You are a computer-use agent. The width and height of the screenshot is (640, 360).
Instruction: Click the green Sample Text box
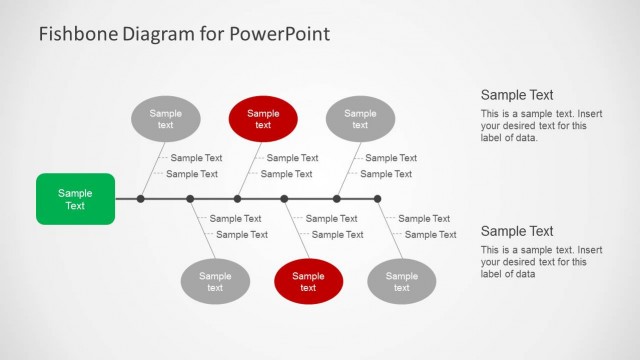75,199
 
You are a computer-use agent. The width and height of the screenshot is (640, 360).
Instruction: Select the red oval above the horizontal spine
263,120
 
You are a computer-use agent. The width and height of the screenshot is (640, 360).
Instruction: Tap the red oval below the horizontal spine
308,282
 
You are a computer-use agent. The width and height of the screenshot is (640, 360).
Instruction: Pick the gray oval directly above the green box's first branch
165,120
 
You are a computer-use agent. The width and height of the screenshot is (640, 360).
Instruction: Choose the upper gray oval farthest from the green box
360,120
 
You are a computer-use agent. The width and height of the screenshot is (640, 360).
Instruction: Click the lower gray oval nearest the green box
215,282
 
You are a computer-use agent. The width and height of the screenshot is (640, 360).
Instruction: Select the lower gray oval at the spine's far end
402,282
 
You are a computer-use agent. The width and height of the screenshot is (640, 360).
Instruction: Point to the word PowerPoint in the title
280,34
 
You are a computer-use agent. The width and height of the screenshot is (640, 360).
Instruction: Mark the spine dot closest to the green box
141,199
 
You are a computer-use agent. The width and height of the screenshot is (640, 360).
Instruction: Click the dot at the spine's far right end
377,199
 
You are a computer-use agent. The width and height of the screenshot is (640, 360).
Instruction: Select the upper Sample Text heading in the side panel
517,95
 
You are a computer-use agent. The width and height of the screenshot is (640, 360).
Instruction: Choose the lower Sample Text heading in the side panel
517,231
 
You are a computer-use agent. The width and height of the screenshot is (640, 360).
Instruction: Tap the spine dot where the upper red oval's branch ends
237,199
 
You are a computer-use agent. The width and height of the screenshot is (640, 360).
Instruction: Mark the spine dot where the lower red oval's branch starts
284,199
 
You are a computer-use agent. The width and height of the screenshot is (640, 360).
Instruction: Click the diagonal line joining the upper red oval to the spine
250,167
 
